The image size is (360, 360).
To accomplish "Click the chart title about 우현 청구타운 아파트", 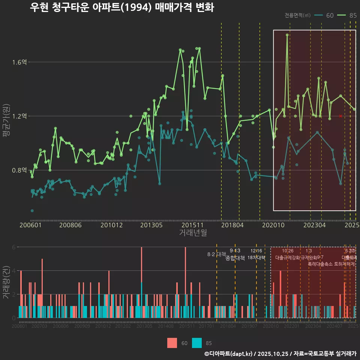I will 122,7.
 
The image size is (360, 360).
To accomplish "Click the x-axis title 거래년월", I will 193,233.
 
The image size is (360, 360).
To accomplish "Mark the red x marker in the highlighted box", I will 340,116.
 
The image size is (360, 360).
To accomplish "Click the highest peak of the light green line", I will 287,35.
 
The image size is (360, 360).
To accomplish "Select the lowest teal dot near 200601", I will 32,211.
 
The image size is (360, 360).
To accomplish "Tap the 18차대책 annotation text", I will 256,258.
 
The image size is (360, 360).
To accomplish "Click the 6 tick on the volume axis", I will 14,247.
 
